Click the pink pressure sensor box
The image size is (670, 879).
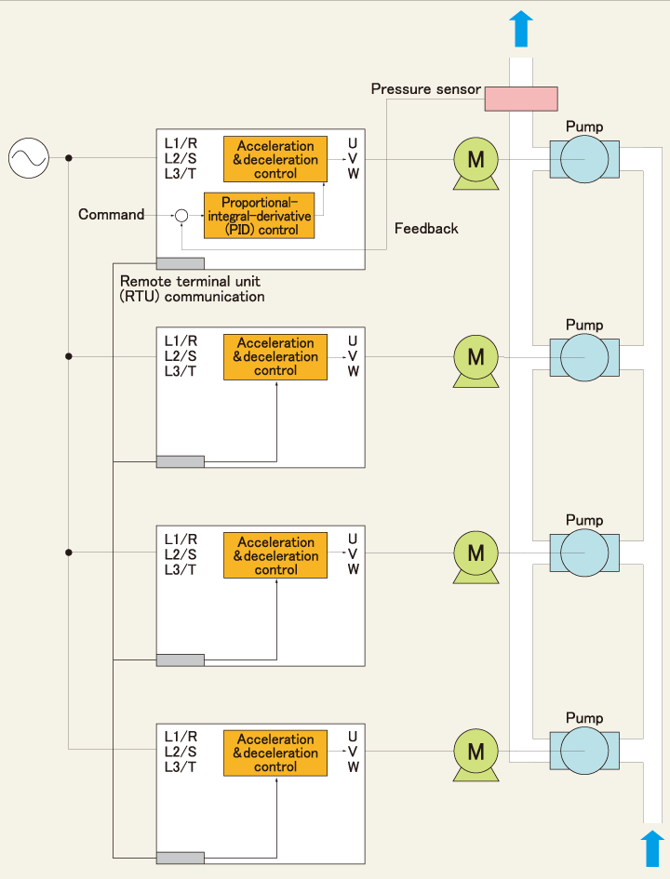(521, 99)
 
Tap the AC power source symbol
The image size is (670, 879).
(29, 158)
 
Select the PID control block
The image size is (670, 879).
(259, 216)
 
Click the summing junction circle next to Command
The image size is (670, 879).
(181, 215)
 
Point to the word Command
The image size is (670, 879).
(111, 214)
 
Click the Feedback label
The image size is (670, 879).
(426, 228)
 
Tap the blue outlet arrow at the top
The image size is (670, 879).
(521, 29)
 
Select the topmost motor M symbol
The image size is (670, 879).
(476, 163)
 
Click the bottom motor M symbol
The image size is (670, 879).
(476, 755)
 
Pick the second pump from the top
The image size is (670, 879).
(584, 358)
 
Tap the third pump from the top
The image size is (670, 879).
(584, 553)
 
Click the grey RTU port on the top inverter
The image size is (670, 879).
(180, 263)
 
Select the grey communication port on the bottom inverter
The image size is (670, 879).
(180, 858)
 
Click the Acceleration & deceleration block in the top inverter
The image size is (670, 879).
(275, 159)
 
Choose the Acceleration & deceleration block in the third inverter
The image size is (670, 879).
(275, 555)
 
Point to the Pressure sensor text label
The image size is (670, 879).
(425, 89)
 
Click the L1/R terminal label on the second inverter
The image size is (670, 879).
(181, 340)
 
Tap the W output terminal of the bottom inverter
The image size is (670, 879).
(353, 766)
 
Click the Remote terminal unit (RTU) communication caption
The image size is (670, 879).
(192, 288)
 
